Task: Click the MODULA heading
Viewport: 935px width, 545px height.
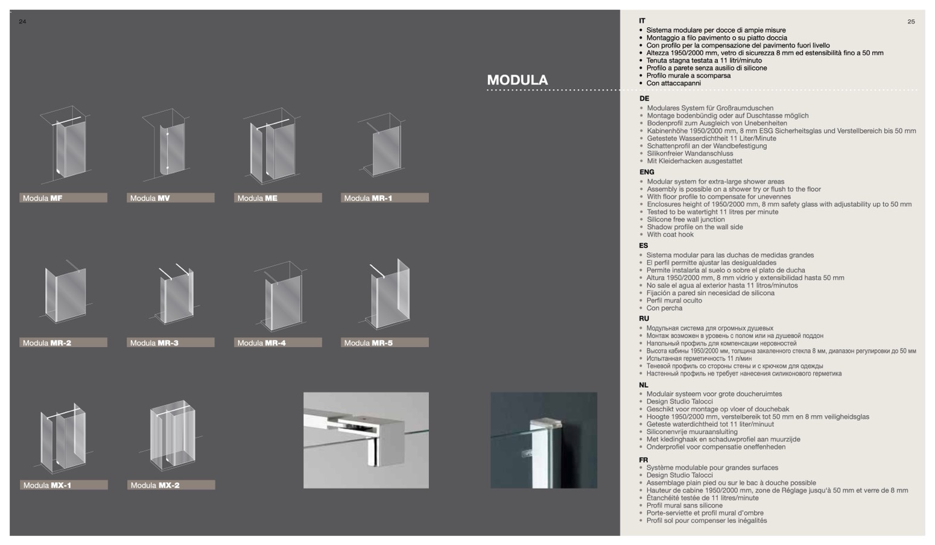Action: point(517,80)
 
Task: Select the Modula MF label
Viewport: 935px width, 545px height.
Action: point(63,198)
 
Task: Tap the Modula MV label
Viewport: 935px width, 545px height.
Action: point(171,198)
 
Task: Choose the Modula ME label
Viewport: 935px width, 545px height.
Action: point(277,198)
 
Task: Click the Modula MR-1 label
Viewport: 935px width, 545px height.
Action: point(384,198)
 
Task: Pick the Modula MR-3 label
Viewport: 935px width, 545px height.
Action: point(171,342)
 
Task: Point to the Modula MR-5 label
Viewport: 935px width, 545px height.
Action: point(384,342)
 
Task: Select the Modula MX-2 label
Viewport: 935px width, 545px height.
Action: point(171,485)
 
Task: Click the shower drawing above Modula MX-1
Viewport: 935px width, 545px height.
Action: point(63,437)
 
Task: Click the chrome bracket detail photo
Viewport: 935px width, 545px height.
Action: point(366,440)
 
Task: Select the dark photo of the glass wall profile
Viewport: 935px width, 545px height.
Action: point(544,440)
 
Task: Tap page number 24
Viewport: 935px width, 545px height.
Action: point(22,22)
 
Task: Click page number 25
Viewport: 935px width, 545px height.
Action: point(911,22)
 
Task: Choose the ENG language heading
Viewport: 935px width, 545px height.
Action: point(647,172)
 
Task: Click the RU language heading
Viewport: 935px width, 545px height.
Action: point(644,318)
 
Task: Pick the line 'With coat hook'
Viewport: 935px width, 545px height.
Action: point(670,235)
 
